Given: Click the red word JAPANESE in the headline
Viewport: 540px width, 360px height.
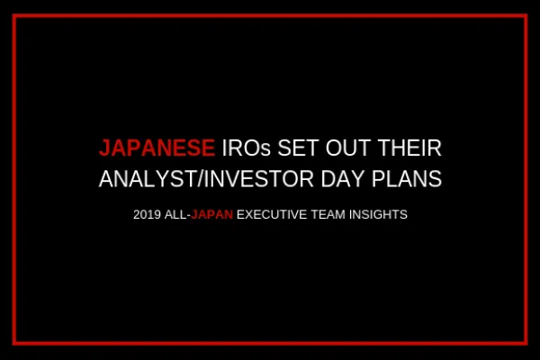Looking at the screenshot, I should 156,148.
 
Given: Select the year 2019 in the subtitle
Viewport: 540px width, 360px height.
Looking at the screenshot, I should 146,216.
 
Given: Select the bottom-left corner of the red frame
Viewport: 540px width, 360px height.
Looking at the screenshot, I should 15,343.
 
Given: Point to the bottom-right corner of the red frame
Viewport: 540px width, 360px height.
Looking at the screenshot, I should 526,343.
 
